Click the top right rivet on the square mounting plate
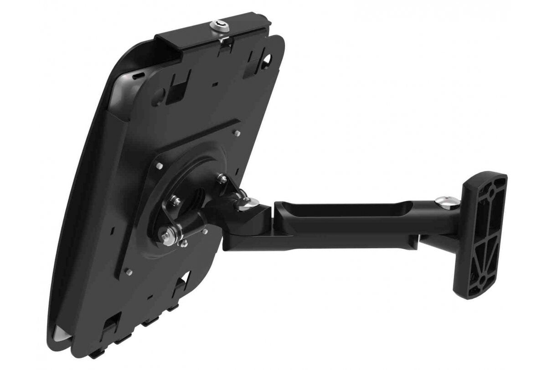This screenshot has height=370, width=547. [237, 133]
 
